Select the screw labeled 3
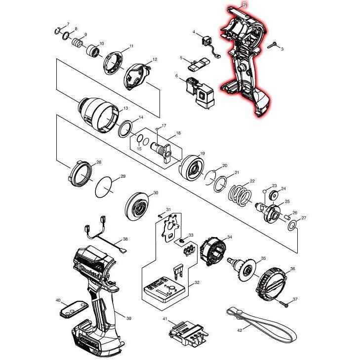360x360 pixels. pyautogui.click(x=272, y=45)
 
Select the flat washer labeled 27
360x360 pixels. pyautogui.click(x=291, y=226)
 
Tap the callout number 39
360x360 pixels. pyautogui.click(x=128, y=319)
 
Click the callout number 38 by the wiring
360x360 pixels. pyautogui.click(x=125, y=239)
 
